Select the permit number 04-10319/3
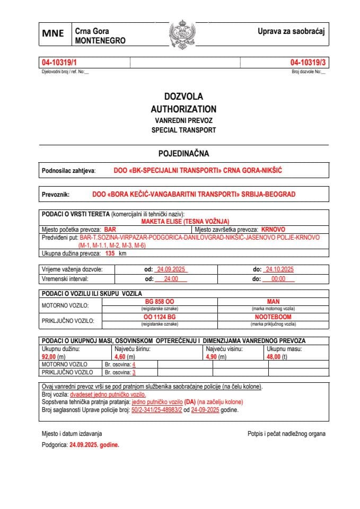pos(309,62)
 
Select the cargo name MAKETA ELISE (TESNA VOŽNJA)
pos(185,222)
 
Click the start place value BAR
pos(110,230)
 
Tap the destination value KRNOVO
pos(273,230)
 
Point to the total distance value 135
pos(110,253)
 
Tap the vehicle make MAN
pos(273,301)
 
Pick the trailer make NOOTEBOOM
pos(273,317)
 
